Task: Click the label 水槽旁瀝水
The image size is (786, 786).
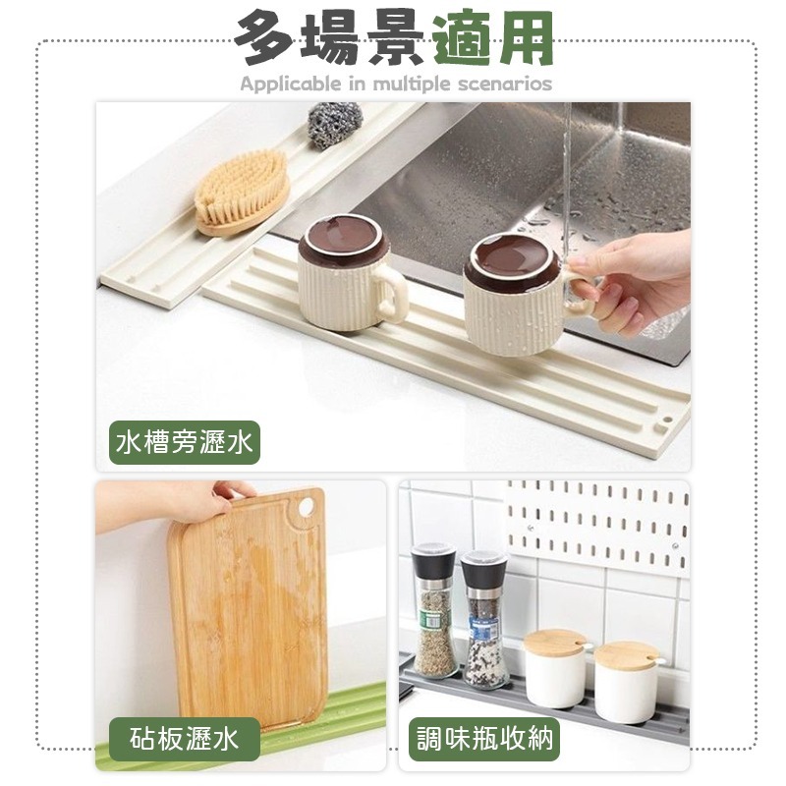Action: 185,444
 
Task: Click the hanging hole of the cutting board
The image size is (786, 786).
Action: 305,507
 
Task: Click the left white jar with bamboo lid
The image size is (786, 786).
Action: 554,668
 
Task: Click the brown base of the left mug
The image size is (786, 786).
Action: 343,240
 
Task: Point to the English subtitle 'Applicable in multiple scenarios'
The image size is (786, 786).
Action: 396,84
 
